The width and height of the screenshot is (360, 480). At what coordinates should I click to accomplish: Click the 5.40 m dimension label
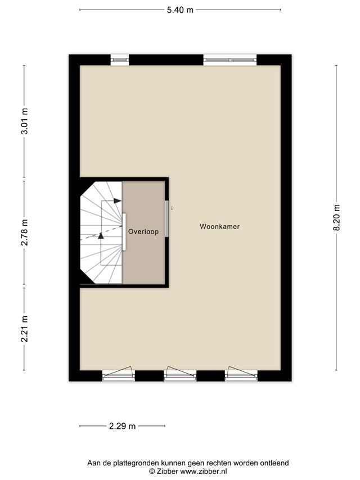pyautogui.click(x=180, y=10)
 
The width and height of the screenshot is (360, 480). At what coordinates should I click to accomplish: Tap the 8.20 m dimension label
pyautogui.click(x=337, y=217)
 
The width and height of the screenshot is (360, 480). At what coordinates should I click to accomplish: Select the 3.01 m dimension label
pyautogui.click(x=25, y=121)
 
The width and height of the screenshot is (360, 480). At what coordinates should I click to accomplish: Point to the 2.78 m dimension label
pyautogui.click(x=25, y=232)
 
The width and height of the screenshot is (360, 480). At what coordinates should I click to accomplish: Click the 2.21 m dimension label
pyautogui.click(x=25, y=329)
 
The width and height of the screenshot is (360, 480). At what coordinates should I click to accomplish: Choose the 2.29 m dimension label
pyautogui.click(x=122, y=426)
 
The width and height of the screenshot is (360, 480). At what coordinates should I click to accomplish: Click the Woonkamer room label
pyautogui.click(x=219, y=227)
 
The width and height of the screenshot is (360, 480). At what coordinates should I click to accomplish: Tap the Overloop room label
pyautogui.click(x=143, y=231)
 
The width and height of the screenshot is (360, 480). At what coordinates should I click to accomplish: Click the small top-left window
pyautogui.click(x=119, y=60)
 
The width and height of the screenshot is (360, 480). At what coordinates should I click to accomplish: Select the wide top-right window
pyautogui.click(x=230, y=60)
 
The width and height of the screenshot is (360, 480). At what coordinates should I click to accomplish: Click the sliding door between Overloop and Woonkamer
pyautogui.click(x=167, y=218)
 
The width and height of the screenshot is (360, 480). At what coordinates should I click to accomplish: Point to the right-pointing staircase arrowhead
pyautogui.click(x=118, y=201)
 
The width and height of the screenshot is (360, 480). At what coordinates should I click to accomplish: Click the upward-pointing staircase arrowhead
pyautogui.click(x=101, y=236)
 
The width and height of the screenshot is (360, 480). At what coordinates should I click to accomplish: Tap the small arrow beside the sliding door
pyautogui.click(x=172, y=208)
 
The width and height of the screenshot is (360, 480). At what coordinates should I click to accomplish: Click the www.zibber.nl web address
pyautogui.click(x=204, y=472)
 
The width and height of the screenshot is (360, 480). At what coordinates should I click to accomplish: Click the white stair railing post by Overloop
pyautogui.click(x=124, y=232)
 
